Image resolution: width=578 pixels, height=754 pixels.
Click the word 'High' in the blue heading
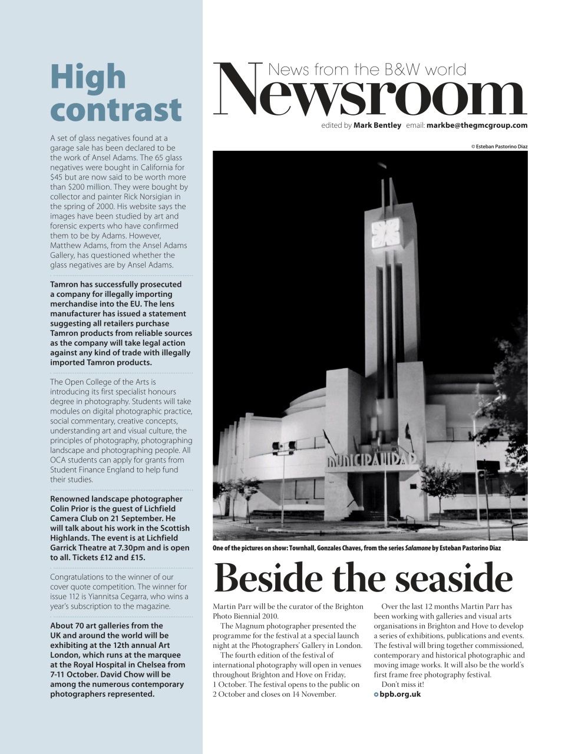(x=88, y=78)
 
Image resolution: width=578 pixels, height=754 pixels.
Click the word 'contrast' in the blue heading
(x=115, y=109)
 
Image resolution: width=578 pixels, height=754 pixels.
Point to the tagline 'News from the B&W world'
(x=366, y=70)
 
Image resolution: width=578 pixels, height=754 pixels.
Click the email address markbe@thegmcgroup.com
(x=477, y=125)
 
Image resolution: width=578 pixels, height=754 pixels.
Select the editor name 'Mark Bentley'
(x=377, y=125)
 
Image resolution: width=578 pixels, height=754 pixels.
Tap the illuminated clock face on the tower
(x=386, y=233)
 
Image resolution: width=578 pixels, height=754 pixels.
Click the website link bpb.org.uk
(x=400, y=694)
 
